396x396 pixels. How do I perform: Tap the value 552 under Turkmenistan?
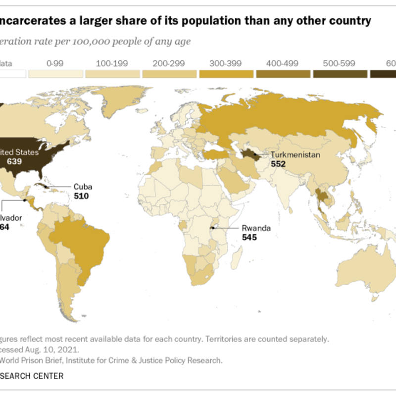(x=278, y=164)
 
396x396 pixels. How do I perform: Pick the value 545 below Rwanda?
(x=249, y=238)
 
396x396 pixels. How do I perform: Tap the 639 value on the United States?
(x=14, y=161)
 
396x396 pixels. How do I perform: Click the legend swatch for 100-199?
(x=113, y=74)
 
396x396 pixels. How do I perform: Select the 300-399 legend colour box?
(x=226, y=74)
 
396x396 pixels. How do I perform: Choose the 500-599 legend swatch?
(x=340, y=74)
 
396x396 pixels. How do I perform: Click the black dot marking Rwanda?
(x=212, y=228)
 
